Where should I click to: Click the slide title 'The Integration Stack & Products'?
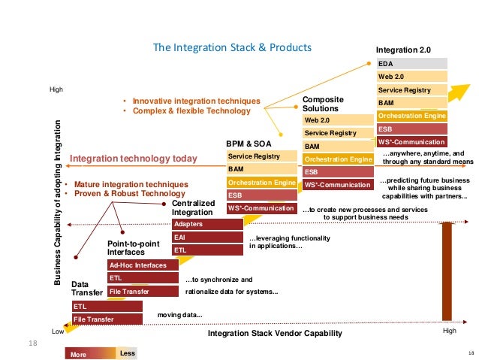232,47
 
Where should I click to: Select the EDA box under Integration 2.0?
411,64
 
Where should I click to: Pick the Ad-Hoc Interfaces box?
143,265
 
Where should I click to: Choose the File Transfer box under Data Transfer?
106,319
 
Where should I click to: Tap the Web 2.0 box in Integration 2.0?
411,77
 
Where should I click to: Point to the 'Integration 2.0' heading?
403,50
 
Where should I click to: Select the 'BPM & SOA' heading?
247,142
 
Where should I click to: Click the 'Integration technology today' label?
133,159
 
